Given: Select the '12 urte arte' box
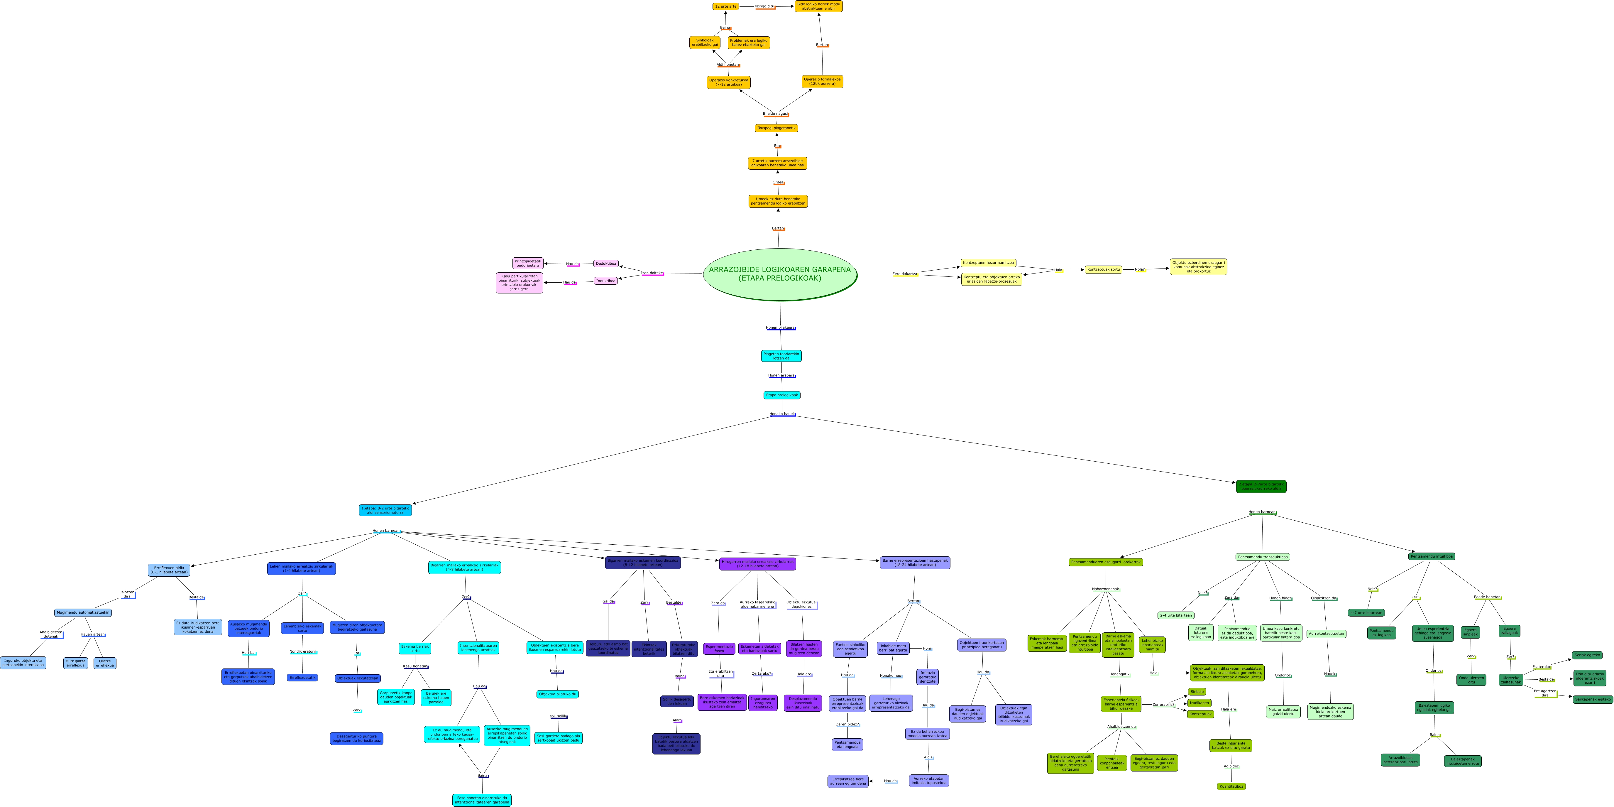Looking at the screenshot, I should click(725, 6).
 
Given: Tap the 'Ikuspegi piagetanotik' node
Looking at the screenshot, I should click(776, 128).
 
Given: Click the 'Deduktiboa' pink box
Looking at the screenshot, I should click(606, 264).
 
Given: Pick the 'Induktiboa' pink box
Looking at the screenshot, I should click(606, 281).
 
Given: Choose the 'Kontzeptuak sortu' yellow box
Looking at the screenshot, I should click(1103, 269).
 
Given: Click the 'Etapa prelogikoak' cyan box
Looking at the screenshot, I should click(782, 395).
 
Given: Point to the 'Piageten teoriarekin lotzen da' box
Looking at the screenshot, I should click(781, 356).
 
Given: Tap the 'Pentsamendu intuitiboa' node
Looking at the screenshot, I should click(1432, 556).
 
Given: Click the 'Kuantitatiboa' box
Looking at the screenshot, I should click(1231, 786).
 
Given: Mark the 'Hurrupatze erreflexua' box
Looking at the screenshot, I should click(76, 663).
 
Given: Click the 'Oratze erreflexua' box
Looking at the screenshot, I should click(105, 663).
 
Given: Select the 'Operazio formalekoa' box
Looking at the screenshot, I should click(822, 82).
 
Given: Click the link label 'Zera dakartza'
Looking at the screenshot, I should click(905, 274).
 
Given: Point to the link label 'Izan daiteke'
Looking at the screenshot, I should click(652, 273).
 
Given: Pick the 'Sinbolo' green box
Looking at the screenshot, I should click(1197, 692).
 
